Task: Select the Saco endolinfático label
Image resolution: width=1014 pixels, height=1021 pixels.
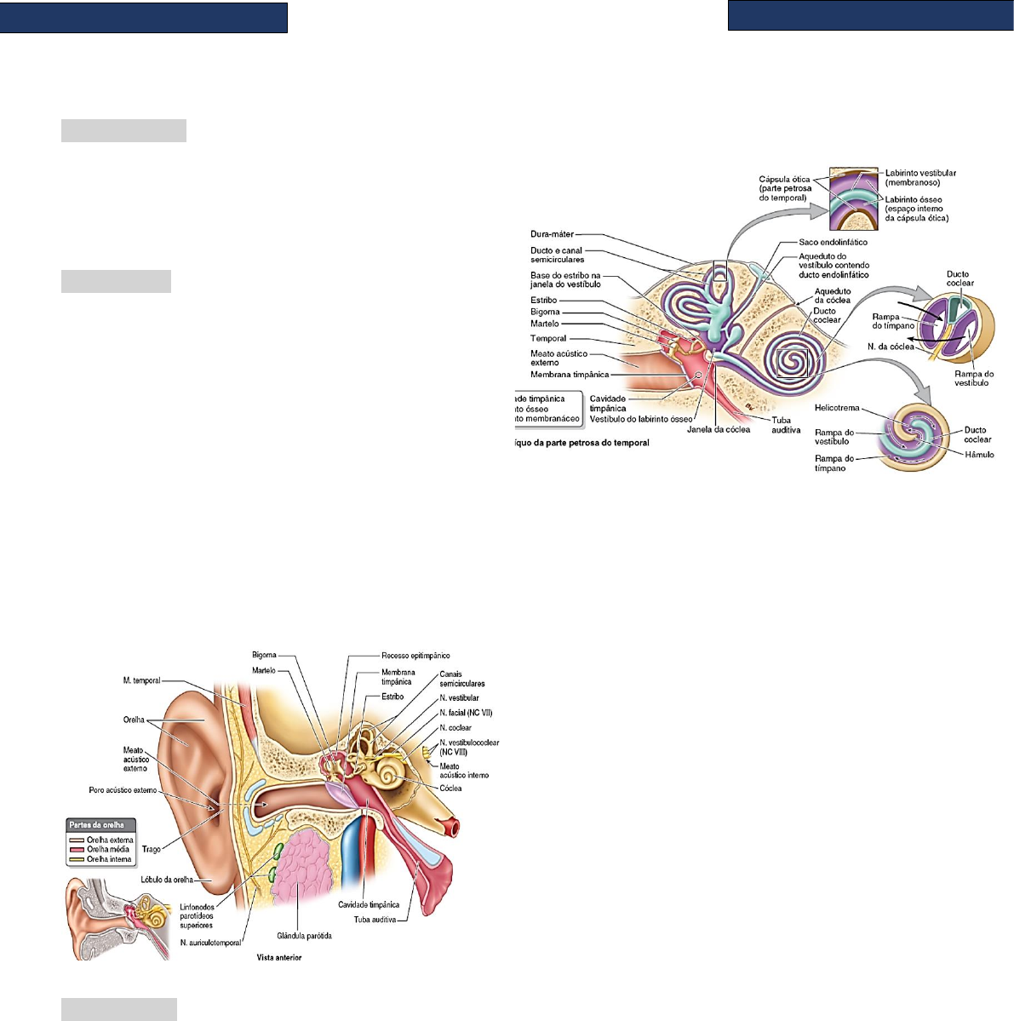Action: click(833, 243)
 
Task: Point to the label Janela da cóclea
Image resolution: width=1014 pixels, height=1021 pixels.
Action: click(719, 430)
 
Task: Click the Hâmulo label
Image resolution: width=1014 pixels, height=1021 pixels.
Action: click(979, 455)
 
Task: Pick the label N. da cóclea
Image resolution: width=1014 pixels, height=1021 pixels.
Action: click(890, 347)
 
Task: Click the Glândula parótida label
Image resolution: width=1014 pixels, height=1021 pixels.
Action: click(304, 936)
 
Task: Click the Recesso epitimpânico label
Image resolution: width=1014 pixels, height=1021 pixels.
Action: click(415, 656)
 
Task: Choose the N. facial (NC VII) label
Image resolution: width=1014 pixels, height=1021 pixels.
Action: click(466, 713)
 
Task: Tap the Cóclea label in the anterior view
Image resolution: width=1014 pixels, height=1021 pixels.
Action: click(450, 789)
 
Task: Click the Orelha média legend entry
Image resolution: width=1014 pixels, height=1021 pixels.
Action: click(108, 849)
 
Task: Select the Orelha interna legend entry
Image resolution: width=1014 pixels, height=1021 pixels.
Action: click(108, 859)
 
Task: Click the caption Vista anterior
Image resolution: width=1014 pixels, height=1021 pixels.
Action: click(279, 958)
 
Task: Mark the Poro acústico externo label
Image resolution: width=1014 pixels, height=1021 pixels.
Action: click(123, 790)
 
